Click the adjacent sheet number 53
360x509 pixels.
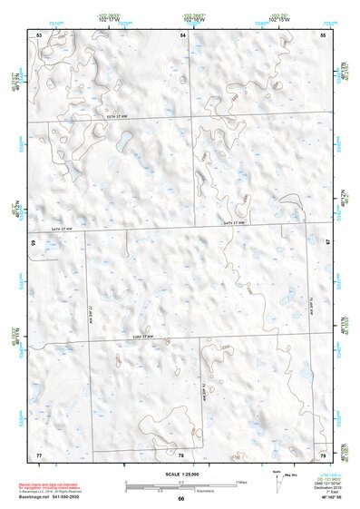click(39, 34)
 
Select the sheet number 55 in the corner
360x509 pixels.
click(323, 34)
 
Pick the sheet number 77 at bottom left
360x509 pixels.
click(39, 454)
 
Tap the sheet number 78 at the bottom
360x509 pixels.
click(181, 455)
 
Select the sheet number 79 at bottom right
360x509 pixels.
click(323, 454)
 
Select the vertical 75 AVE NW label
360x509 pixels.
click(310, 304)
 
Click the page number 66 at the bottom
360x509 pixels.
click(180, 499)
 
